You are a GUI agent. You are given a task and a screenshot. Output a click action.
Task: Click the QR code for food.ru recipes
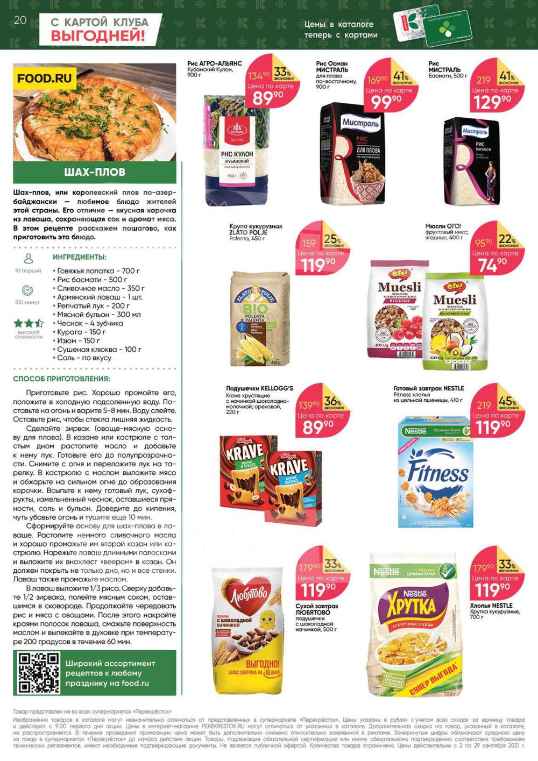(39, 673)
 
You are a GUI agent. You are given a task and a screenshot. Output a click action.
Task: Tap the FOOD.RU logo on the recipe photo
(44, 79)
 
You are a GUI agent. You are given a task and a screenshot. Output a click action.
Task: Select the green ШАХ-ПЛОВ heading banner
(95, 172)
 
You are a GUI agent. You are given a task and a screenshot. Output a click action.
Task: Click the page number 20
(20, 20)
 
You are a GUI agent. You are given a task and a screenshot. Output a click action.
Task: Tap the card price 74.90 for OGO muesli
(492, 264)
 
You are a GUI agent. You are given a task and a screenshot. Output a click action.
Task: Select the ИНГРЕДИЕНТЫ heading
(80, 257)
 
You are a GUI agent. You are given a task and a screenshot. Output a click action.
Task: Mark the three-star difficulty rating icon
(29, 323)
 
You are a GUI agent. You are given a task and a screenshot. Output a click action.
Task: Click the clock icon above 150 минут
(28, 291)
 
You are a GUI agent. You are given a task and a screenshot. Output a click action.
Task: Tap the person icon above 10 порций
(29, 259)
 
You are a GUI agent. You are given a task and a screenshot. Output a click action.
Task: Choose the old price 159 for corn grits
(309, 243)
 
